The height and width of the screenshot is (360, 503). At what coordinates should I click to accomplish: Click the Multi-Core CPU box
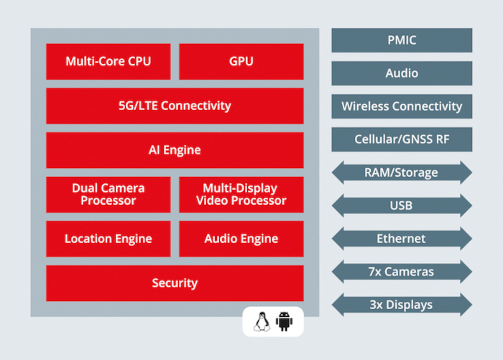tap(109, 62)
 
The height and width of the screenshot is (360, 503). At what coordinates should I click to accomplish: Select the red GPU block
tap(241, 62)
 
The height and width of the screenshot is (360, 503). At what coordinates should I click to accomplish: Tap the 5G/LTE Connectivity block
tap(175, 106)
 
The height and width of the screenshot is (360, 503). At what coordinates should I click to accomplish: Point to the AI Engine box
tap(175, 150)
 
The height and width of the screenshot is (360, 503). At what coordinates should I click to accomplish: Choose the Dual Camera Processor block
tap(109, 195)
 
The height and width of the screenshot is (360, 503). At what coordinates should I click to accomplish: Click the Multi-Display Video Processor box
tap(241, 195)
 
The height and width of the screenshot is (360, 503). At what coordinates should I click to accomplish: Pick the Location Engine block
tap(109, 239)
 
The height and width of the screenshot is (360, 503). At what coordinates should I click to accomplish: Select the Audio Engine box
tap(241, 239)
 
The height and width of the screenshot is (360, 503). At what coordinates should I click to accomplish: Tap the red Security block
tap(175, 283)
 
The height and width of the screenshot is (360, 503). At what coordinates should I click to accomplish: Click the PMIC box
tap(402, 40)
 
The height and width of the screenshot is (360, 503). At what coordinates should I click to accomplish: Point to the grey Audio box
tap(402, 73)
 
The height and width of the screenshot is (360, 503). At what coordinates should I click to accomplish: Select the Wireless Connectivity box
tap(402, 106)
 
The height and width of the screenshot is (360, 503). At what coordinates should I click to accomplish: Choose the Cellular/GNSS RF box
tap(402, 139)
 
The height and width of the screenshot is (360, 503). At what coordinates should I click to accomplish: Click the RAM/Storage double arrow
tap(402, 172)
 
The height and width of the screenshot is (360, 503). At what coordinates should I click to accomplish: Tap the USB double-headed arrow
tap(402, 206)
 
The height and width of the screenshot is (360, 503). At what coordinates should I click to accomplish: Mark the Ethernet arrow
tap(402, 239)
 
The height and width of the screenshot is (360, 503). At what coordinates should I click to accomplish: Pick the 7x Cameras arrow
tap(402, 272)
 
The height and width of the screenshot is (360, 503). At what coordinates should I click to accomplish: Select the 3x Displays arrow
tap(402, 305)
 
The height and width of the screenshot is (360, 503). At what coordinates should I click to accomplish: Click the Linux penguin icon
tap(262, 321)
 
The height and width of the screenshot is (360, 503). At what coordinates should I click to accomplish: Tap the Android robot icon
tap(284, 321)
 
